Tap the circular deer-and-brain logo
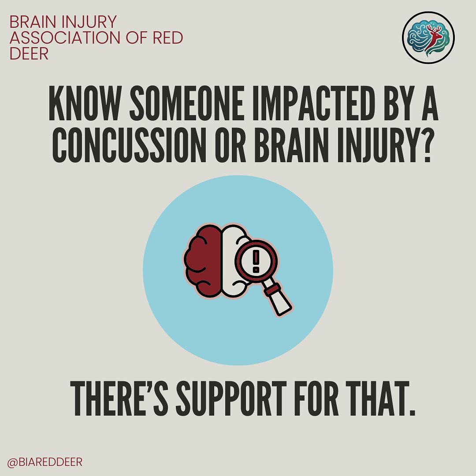(428, 38)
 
